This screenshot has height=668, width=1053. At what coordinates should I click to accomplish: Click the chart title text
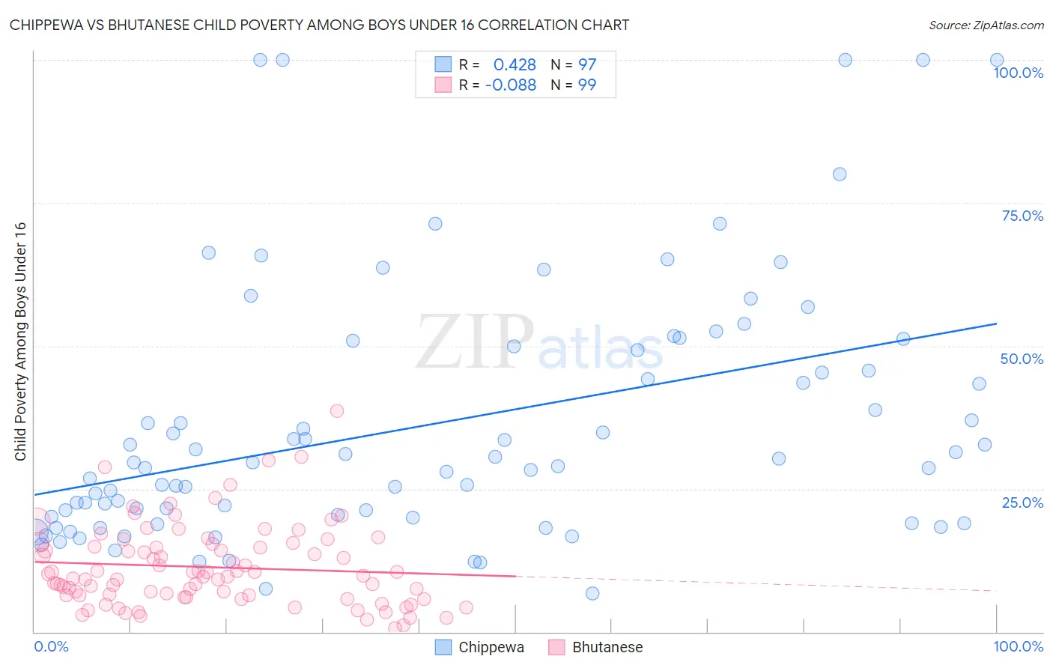[x=319, y=25]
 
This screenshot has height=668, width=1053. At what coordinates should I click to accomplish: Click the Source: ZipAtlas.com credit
[x=986, y=25]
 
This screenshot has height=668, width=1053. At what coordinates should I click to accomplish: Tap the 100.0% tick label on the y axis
[x=1018, y=73]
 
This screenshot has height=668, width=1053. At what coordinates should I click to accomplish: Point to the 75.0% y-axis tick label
[x=1022, y=216]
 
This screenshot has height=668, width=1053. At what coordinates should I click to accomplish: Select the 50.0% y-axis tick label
[x=1022, y=359]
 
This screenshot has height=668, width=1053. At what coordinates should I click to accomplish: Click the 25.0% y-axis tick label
[x=1022, y=502]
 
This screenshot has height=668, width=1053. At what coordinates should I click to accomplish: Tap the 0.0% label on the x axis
[x=51, y=646]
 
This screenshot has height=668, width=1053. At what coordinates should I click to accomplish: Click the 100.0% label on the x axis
[x=1018, y=646]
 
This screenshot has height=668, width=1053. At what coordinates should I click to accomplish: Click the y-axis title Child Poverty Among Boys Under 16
[x=20, y=341]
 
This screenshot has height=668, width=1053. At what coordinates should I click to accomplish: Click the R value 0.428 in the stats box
[x=515, y=64]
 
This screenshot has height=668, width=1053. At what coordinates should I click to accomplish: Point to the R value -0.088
[x=511, y=85]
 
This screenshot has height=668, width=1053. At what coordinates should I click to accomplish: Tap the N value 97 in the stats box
[x=587, y=64]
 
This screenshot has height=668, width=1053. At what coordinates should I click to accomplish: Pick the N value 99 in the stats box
[x=587, y=85]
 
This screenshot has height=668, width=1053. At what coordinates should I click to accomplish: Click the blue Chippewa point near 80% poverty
[x=840, y=174]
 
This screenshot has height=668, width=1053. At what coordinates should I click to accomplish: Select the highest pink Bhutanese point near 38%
[x=337, y=410]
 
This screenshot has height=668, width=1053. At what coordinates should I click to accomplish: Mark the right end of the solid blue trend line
[x=996, y=324]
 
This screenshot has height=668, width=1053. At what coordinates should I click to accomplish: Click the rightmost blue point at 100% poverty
[x=997, y=60]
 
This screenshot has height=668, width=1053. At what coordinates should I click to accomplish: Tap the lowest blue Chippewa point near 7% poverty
[x=592, y=593]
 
